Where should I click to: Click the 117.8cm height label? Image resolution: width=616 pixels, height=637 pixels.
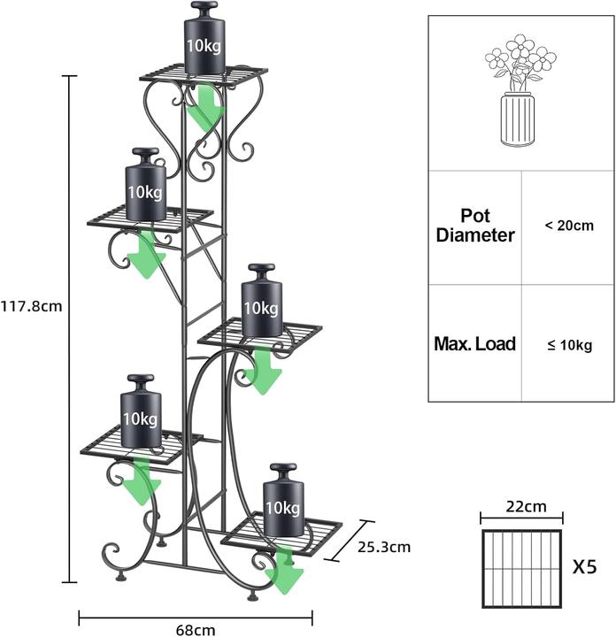coord(32,306)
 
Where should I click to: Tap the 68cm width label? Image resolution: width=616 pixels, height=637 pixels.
coord(196,630)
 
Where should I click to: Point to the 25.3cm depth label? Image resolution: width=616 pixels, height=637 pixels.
coord(384,548)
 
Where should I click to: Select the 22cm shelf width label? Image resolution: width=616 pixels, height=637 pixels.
coord(527,507)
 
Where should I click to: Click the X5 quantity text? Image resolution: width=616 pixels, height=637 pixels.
coord(585,567)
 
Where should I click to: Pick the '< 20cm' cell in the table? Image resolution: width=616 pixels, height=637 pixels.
coord(569,225)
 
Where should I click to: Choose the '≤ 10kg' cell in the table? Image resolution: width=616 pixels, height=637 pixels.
coord(570,345)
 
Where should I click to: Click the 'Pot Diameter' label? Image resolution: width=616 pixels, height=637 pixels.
coord(475,226)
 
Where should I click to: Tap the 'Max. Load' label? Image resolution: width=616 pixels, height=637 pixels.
coord(475,343)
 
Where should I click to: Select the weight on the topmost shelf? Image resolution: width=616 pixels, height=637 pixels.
coord(204,38)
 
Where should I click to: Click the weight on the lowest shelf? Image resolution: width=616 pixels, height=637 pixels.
coord(283,500)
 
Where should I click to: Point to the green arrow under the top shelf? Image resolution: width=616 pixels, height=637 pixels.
coord(204,106)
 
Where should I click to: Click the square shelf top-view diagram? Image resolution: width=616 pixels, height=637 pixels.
coord(521,569)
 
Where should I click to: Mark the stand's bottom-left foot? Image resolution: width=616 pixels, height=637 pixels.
coord(119,577)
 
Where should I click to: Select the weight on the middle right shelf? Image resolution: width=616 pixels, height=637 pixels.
coord(262,301)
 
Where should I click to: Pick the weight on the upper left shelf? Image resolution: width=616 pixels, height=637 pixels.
coord(145,184)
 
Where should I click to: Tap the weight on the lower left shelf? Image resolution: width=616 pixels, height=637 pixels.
coord(141,411)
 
